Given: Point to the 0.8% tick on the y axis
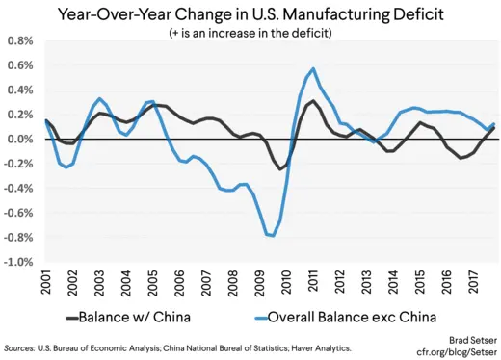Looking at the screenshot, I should [x=20, y=42].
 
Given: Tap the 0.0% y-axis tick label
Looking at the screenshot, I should [x=20, y=140].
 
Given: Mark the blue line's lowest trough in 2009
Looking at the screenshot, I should [x=273, y=236].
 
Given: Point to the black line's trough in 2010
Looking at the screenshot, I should [x=282, y=169].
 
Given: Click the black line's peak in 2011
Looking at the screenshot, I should [x=313, y=101].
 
